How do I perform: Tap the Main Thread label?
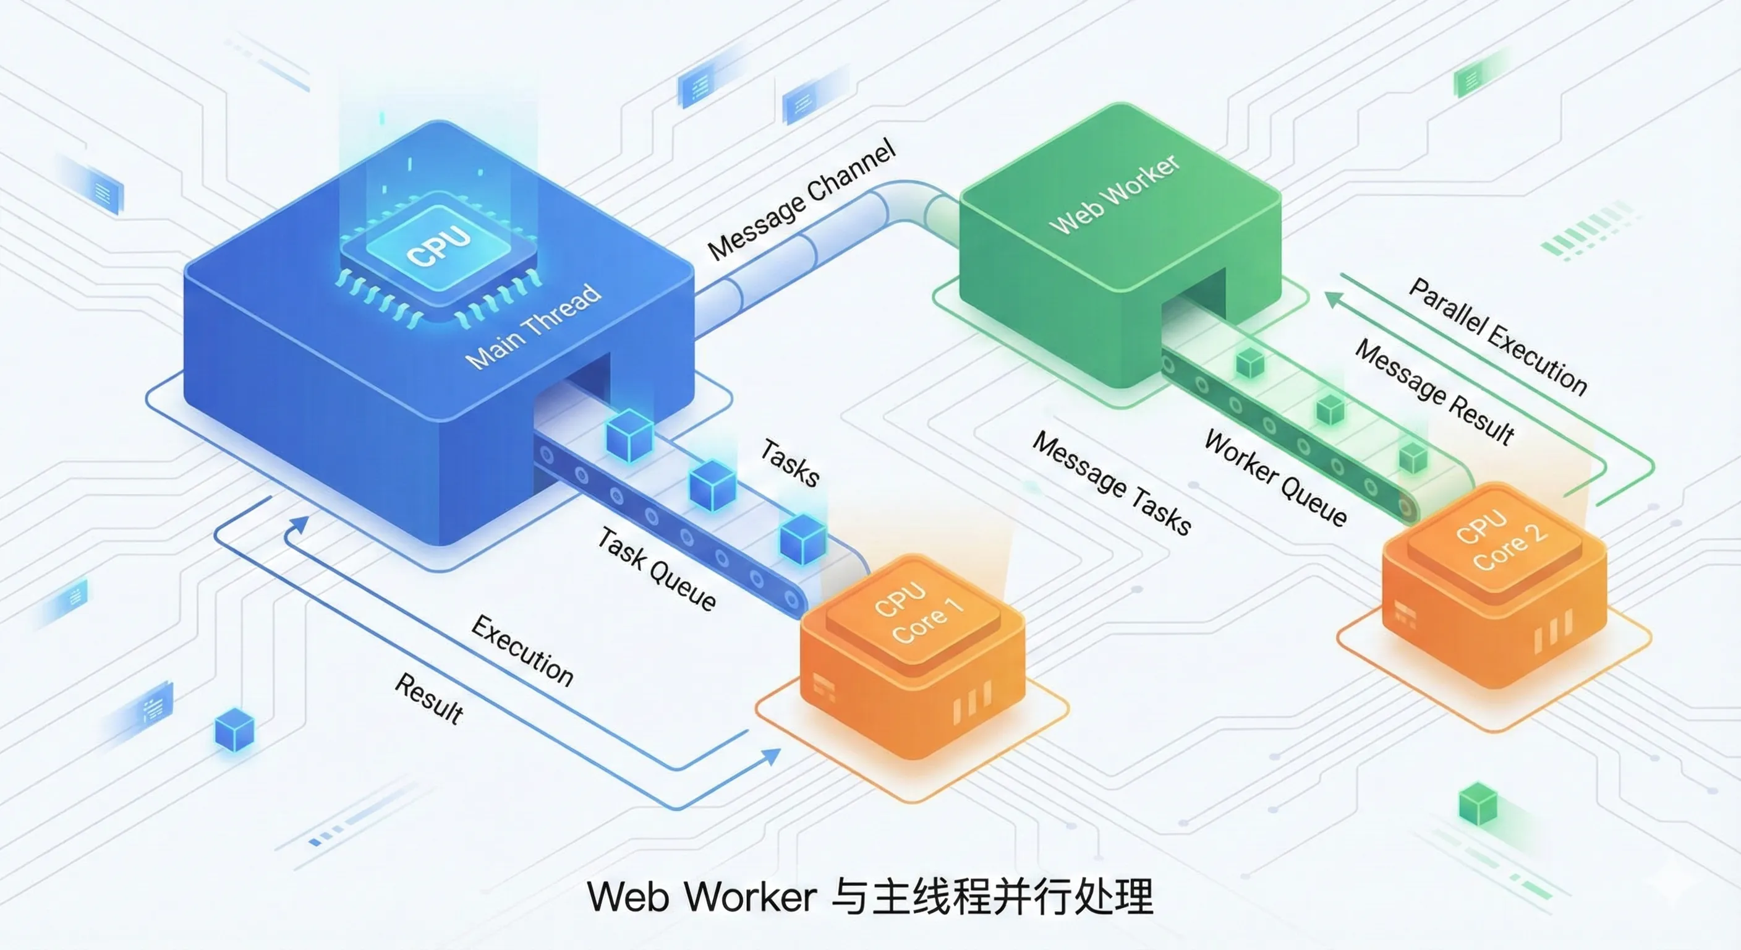coord(534,326)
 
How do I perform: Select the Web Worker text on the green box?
coord(1115,194)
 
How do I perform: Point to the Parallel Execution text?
coord(1497,335)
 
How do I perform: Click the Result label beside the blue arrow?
coord(429,698)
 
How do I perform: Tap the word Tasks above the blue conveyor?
coord(790,462)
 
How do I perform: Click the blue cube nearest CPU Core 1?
coord(803,539)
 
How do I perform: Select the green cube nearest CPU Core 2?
coord(1413,457)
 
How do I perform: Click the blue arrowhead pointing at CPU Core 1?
coord(771,756)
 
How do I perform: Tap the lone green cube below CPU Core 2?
coord(1478,803)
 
